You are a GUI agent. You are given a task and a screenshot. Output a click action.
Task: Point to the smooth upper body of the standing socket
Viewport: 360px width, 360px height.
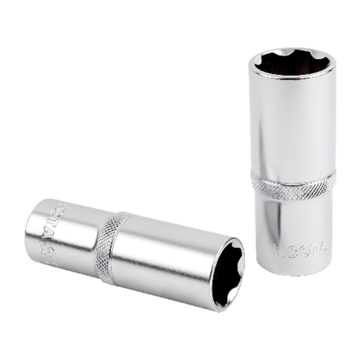tap(292, 125)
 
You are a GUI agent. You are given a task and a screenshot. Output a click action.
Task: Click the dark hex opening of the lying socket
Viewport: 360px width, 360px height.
tap(227, 272)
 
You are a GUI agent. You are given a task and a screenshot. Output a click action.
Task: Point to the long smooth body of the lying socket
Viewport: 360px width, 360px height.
tap(165, 260)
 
